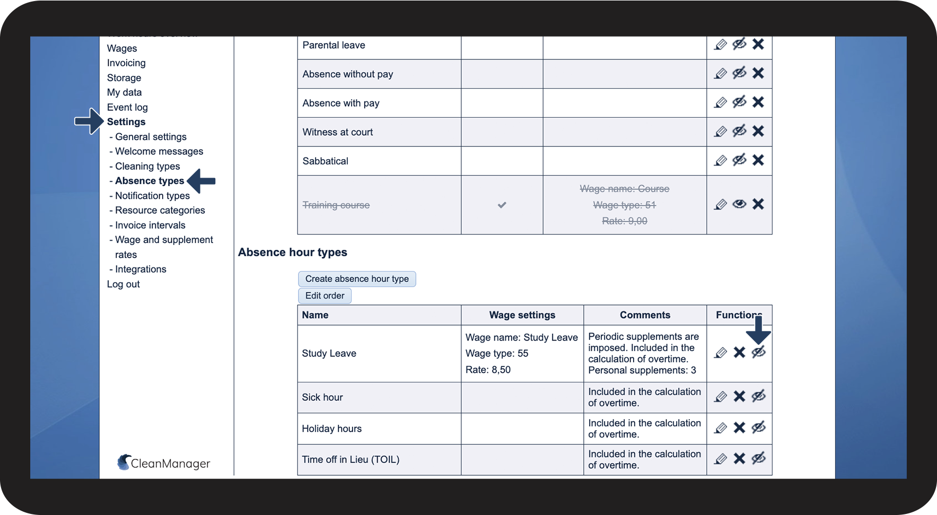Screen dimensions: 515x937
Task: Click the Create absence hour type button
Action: [x=357, y=279]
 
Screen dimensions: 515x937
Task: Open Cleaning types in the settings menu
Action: [x=147, y=167]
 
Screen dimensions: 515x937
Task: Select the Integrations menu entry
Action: [x=141, y=269]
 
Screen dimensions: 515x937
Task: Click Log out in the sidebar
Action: [x=124, y=284]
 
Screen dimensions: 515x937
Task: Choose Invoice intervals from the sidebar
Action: [x=150, y=225]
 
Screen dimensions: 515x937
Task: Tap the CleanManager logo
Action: [x=164, y=463]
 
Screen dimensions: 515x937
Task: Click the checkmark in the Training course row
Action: [x=502, y=205]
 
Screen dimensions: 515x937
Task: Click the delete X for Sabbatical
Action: [x=758, y=160]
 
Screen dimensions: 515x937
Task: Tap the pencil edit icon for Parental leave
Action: [x=720, y=45]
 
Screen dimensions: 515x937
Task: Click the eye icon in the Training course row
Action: [x=739, y=204]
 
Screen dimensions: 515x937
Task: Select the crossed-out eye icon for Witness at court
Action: [x=739, y=131]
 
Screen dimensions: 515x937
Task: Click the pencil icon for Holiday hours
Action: [x=720, y=428]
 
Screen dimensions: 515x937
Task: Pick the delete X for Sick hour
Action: [x=739, y=397]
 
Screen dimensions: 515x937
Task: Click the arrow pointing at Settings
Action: [x=89, y=121]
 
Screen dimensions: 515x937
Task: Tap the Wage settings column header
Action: [x=522, y=315]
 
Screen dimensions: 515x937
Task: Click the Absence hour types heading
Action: [x=293, y=252]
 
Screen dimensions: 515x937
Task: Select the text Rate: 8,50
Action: [x=488, y=370]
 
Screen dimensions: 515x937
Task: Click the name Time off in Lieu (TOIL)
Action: [x=351, y=460]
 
